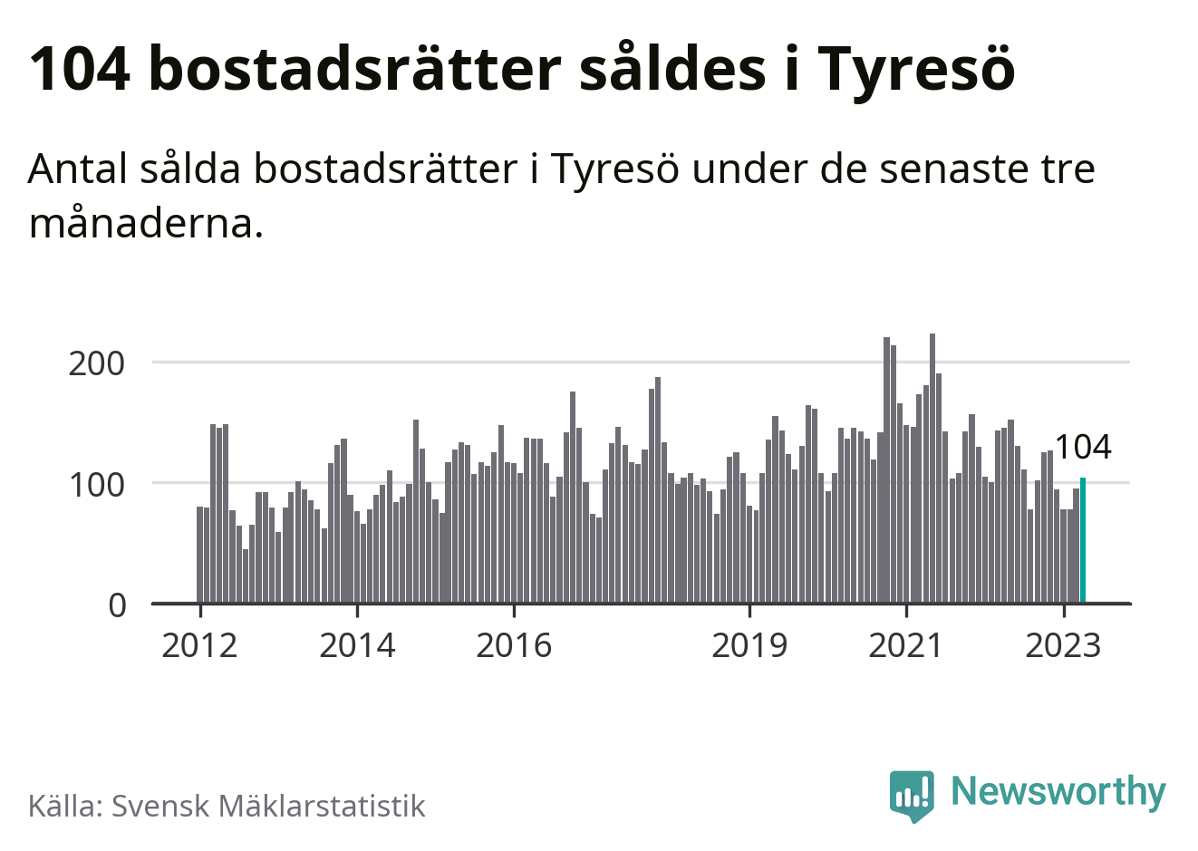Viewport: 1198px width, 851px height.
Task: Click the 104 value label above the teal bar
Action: (1083, 447)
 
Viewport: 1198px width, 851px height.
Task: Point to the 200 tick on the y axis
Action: (97, 363)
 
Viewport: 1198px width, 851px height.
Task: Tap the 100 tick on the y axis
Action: (97, 484)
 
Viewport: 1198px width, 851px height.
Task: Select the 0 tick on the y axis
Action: (117, 604)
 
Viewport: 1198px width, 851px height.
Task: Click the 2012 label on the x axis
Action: (199, 645)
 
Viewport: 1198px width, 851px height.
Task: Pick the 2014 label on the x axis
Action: (357, 645)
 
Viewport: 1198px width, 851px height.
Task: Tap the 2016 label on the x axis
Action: (514, 645)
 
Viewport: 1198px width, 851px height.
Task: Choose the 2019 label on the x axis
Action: (749, 645)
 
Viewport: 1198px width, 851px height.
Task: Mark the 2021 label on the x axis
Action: (906, 645)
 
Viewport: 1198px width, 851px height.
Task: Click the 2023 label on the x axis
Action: (1063, 645)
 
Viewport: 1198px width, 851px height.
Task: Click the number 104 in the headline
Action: (80, 68)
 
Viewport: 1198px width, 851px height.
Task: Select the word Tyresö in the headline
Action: (916, 70)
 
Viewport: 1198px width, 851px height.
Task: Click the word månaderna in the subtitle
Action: (146, 223)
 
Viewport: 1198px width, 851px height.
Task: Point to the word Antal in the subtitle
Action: (78, 169)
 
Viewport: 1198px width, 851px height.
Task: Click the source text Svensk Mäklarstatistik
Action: (268, 806)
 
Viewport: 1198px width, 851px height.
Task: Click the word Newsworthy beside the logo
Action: (1058, 791)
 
